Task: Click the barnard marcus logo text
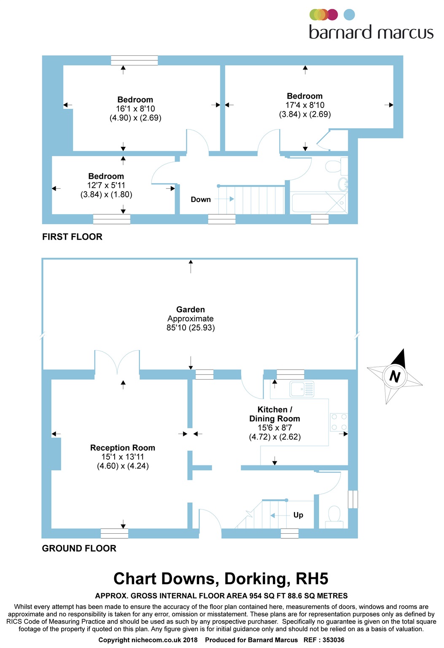(x=371, y=32)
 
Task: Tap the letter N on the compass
(x=395, y=376)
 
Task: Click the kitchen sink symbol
(x=302, y=389)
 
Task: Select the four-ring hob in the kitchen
(x=339, y=422)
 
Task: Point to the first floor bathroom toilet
(x=336, y=166)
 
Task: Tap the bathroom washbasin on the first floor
(x=343, y=184)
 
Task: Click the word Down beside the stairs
(x=201, y=200)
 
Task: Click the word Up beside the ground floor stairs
(x=298, y=515)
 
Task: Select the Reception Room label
(x=123, y=448)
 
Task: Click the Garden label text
(x=191, y=310)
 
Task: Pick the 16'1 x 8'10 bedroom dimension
(x=135, y=109)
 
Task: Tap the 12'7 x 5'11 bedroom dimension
(x=106, y=185)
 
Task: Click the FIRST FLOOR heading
(x=72, y=237)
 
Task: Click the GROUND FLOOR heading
(x=79, y=548)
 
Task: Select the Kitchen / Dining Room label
(x=274, y=414)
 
